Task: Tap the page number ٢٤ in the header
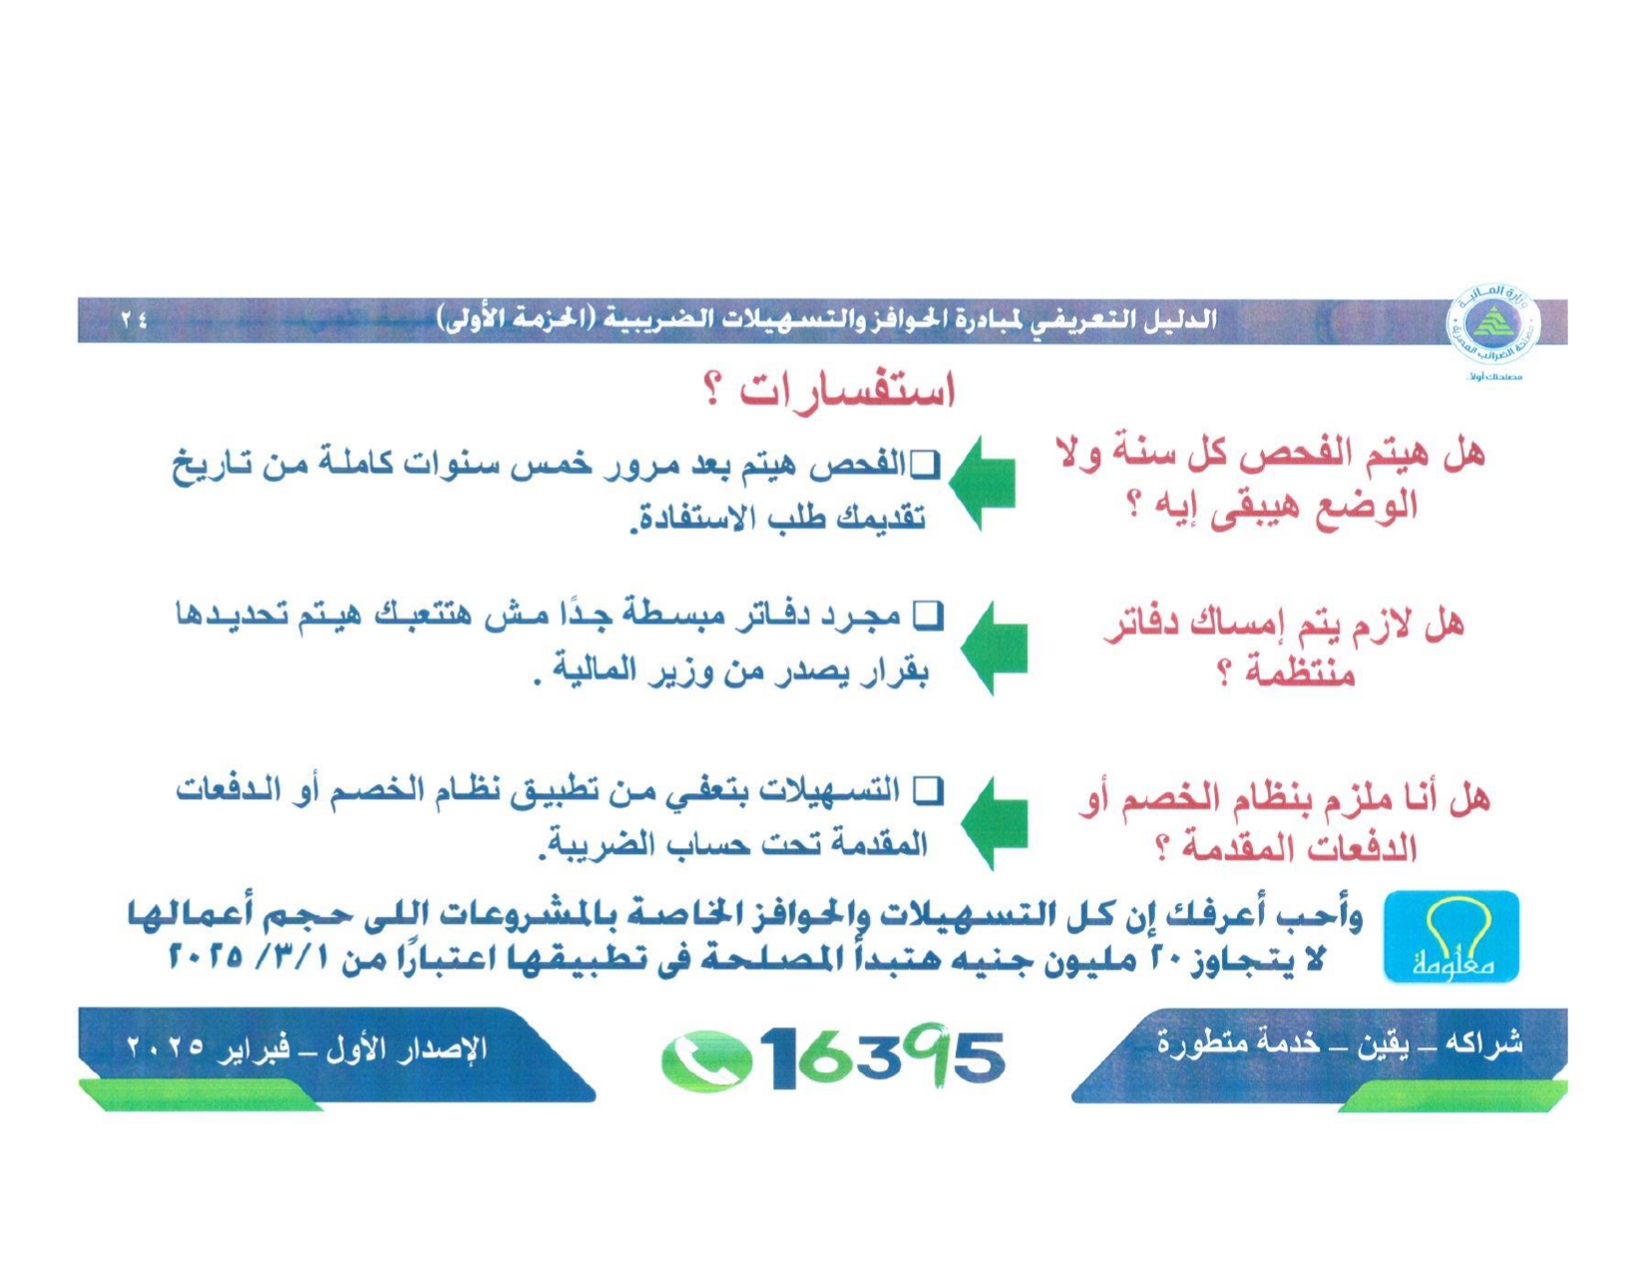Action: pyautogui.click(x=134, y=321)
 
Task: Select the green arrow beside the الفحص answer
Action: pyautogui.click(x=982, y=483)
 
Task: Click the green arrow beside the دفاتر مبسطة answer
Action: pyautogui.click(x=994, y=647)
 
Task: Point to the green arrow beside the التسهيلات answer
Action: pyautogui.click(x=994, y=823)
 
